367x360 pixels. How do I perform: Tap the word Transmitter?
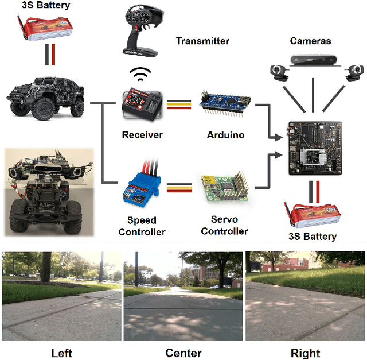(202, 41)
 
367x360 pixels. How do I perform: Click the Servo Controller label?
(224, 226)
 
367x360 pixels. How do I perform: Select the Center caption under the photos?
(183, 353)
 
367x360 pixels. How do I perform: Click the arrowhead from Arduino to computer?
(280, 138)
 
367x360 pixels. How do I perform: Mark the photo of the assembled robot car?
(48, 192)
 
